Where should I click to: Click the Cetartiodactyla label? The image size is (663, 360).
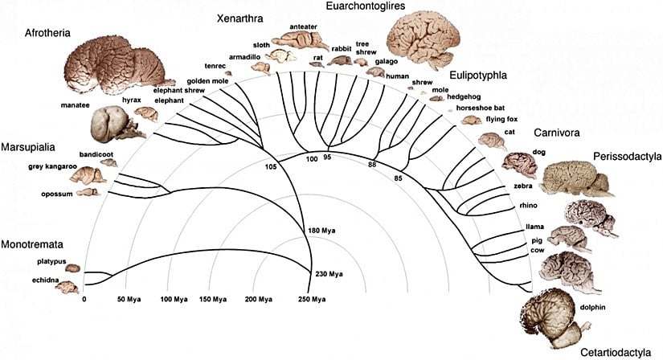click(x=614, y=352)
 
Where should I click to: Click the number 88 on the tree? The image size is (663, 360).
click(x=372, y=165)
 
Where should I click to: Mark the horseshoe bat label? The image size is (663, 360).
click(x=477, y=107)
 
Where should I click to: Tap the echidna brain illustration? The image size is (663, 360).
click(x=65, y=287)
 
